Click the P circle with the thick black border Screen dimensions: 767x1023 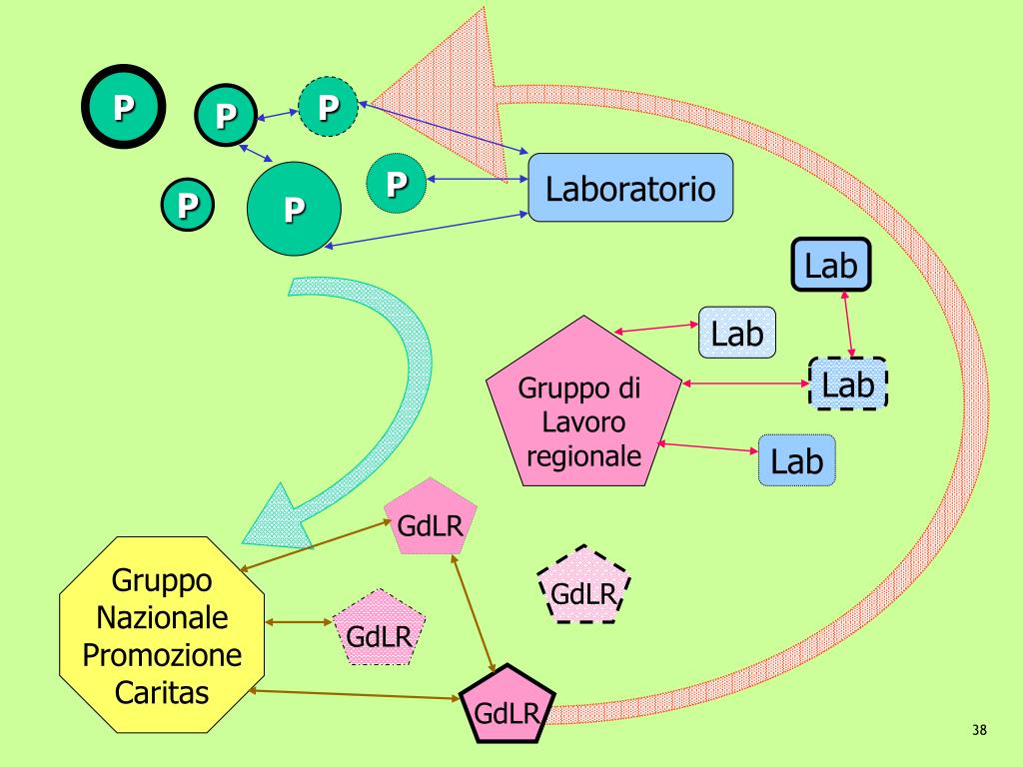pos(124,106)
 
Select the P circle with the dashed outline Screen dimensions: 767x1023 pos(328,106)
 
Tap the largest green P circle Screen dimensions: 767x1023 pos(294,208)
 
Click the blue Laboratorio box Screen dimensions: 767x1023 pos(630,187)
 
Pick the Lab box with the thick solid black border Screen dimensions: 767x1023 pos(831,266)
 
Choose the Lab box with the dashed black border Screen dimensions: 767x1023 pos(847,383)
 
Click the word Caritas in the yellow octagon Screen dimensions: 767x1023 pos(162,691)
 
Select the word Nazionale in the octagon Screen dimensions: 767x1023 pos(162,617)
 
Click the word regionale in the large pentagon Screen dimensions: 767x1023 pos(583,456)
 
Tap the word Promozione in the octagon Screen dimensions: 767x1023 pos(162,654)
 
